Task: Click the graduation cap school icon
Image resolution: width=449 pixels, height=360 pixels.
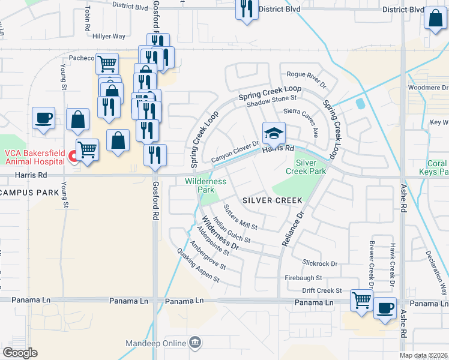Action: point(274,133)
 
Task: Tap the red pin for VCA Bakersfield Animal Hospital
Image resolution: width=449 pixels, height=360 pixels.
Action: point(73,157)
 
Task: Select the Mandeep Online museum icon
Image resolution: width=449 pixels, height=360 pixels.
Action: point(195,343)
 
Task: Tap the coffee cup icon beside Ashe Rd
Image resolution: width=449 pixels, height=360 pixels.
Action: point(385,308)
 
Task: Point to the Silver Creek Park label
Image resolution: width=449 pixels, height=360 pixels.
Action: point(310,166)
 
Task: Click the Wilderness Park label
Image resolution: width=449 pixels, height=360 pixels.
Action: point(205,185)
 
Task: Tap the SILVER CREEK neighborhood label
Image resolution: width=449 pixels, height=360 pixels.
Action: point(268,200)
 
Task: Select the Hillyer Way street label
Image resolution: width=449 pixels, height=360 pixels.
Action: point(109,37)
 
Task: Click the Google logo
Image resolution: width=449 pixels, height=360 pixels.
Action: point(20,353)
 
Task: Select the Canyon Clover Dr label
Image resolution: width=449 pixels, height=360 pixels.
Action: point(235,152)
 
